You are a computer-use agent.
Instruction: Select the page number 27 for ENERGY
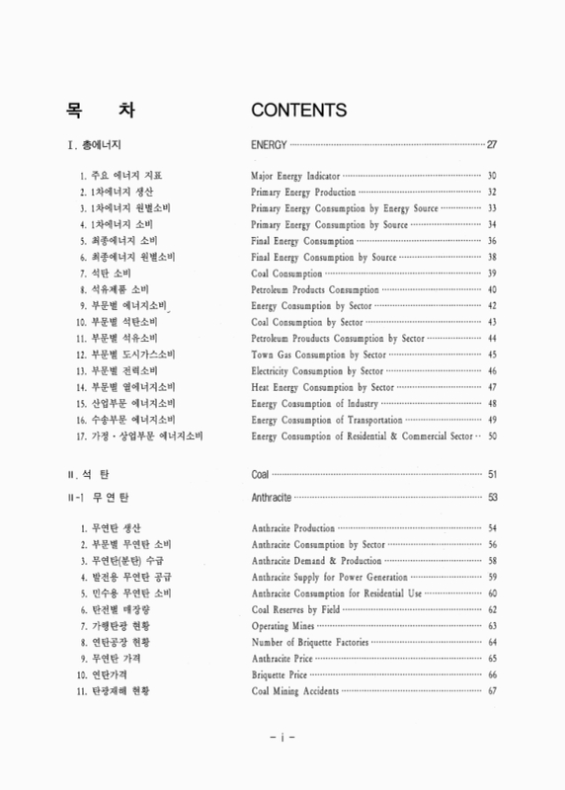[492, 144]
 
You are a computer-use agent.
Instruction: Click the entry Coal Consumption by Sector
[304, 322]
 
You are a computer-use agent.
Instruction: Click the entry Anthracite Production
[293, 528]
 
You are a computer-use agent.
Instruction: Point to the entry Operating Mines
[282, 626]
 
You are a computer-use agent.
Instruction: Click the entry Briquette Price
[281, 674]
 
